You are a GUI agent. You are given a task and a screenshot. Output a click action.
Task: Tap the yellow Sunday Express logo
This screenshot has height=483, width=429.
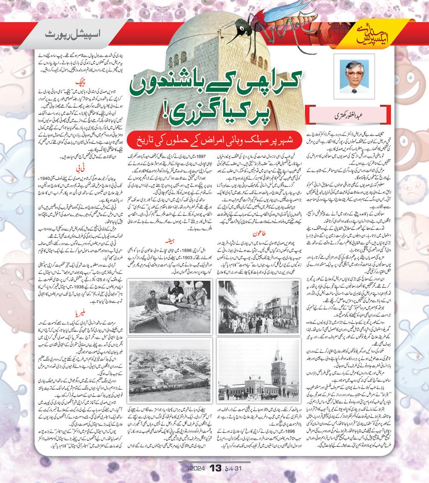tap(373, 36)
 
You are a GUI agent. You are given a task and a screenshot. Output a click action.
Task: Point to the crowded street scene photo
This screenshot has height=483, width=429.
tap(258, 307)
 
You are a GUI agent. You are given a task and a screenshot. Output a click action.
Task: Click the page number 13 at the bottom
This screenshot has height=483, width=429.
tap(214, 468)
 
